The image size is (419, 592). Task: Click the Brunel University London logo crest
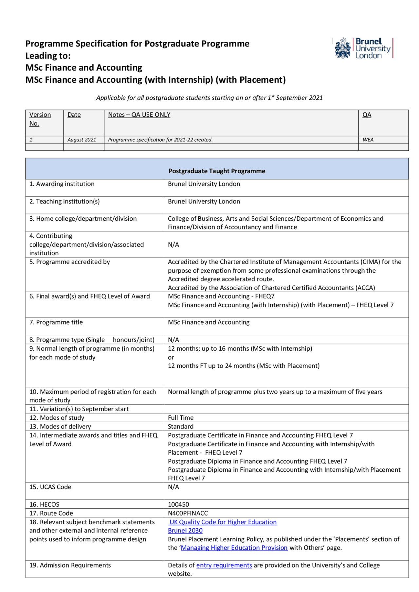click(x=342, y=48)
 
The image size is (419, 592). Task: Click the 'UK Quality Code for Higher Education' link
click(x=223, y=522)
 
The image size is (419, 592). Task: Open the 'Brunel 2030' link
click(x=185, y=531)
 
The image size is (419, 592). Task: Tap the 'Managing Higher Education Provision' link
click(x=234, y=548)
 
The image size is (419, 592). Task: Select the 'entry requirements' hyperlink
click(x=224, y=565)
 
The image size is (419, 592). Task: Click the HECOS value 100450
click(x=178, y=504)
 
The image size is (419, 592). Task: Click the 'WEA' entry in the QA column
click(x=368, y=140)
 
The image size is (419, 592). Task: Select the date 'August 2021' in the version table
click(x=82, y=140)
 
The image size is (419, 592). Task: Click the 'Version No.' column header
click(x=40, y=119)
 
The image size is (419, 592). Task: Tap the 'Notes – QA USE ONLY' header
click(x=139, y=115)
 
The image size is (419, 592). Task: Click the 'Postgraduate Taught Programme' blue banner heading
click(x=217, y=171)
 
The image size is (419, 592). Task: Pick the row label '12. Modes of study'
click(x=57, y=418)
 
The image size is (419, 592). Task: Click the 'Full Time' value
click(x=181, y=418)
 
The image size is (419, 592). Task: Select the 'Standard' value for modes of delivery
click(x=181, y=427)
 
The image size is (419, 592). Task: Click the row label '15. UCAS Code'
click(x=50, y=487)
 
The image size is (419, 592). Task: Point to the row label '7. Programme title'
click(x=56, y=322)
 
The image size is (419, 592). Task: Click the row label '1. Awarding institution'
click(x=62, y=184)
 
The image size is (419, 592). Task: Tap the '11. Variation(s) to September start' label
click(x=79, y=409)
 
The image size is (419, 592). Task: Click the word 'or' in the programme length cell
click(x=171, y=357)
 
